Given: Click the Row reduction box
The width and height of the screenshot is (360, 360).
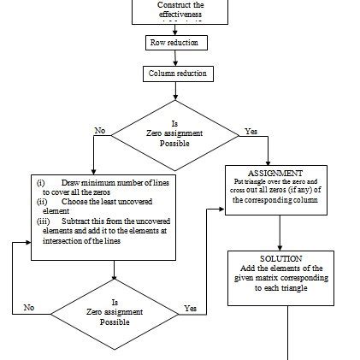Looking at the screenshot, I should pos(174,41).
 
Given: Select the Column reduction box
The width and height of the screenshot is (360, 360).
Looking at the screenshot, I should pos(177,74).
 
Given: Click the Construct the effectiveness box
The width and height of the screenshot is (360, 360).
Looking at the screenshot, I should pos(174,9).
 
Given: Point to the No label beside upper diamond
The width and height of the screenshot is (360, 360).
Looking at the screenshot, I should pos(101,132).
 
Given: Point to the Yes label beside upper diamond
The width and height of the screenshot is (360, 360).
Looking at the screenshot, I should pos(251,132).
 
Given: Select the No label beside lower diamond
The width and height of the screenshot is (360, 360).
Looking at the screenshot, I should pos(29,306).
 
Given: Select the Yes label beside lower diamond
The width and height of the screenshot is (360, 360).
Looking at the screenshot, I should pos(190,306).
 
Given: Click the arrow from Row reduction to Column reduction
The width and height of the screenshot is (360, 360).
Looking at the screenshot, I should pos(175,57).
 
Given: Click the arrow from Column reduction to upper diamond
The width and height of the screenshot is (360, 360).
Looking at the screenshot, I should pos(175,92).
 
